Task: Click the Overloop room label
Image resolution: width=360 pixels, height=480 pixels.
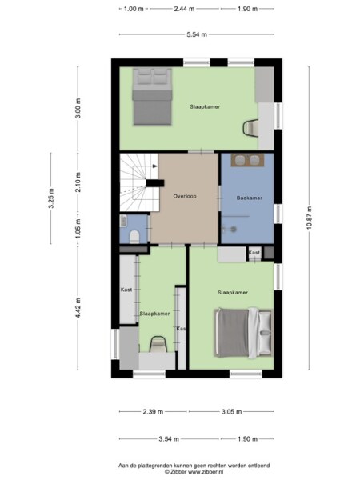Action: (185, 195)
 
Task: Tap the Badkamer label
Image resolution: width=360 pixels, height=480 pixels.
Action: (249, 197)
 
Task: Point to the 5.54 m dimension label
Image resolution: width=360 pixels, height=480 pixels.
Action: (196, 34)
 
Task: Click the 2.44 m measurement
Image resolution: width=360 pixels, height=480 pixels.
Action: (183, 9)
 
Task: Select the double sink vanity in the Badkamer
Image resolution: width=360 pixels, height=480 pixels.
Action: (247, 160)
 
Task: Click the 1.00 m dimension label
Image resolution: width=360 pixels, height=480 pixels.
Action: (133, 9)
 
